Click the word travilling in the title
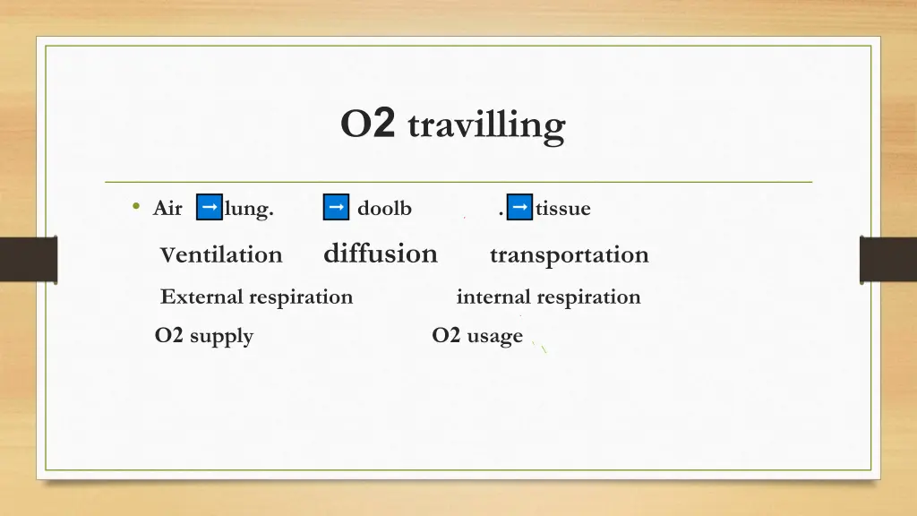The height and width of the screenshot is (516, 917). coord(486,125)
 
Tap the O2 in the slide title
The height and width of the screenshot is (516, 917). coord(367,125)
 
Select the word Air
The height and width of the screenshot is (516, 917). coord(167,209)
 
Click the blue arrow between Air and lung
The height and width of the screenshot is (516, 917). coord(209,207)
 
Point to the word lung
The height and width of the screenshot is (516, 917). coord(249,209)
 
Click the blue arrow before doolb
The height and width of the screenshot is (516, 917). coord(336,207)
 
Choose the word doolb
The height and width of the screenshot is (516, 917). coord(384,209)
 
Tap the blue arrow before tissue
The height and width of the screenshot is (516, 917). coord(519,207)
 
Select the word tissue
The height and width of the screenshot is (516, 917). coord(563,209)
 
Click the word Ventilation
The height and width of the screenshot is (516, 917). coord(221,255)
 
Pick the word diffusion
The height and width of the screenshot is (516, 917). coord(381,254)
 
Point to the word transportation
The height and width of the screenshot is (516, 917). coord(569,255)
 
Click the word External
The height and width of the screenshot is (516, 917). coord(201,297)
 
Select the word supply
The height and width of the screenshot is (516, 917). coord(221,337)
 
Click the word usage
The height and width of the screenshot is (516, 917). coord(494,337)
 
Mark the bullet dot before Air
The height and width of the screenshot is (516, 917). coord(135,208)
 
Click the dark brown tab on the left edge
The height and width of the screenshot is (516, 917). coord(28,260)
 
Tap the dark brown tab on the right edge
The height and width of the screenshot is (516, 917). coord(888,260)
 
